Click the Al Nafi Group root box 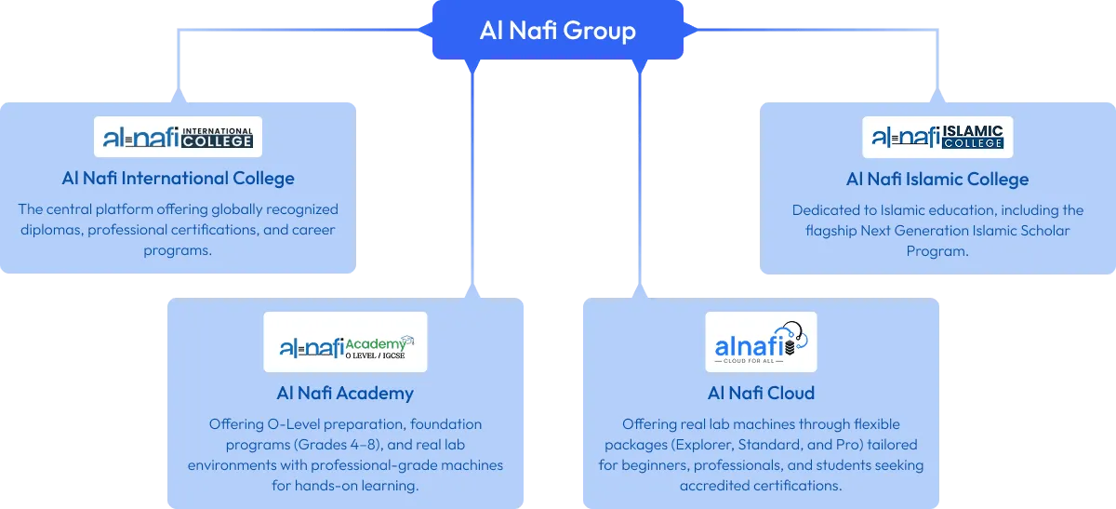pos(557,31)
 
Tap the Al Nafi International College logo pos(179,137)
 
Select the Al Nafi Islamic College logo pos(937,137)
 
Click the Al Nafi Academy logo pos(346,342)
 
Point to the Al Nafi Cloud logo pos(761,342)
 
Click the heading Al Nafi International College pos(179,178)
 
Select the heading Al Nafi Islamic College pos(937,179)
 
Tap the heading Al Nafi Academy pos(345,393)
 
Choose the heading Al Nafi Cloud pos(761,393)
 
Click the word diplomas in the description pos(51,230)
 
